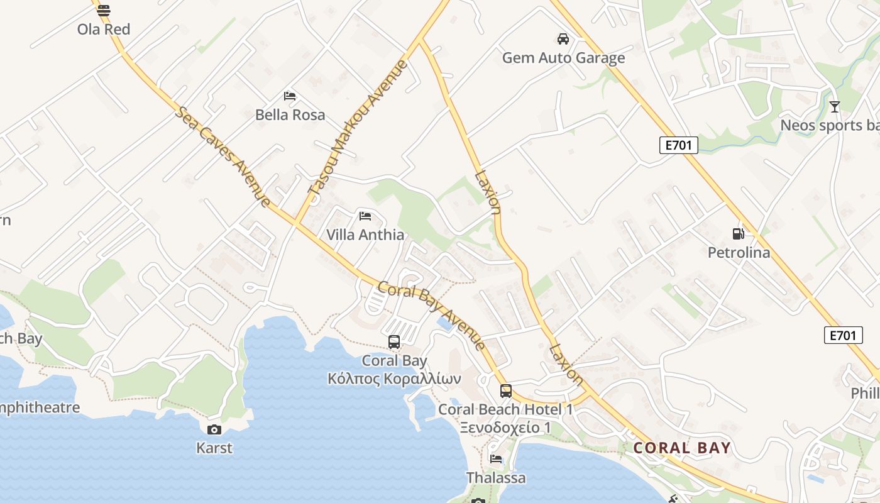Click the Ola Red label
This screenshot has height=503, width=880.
point(104,29)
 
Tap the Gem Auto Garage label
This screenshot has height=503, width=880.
point(563,58)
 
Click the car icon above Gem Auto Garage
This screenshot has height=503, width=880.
point(563,39)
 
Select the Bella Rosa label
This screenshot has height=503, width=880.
point(290,114)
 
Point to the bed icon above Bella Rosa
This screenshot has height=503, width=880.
point(290,96)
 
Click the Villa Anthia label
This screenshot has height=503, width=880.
point(365,235)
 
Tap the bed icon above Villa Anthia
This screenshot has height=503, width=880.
point(365,216)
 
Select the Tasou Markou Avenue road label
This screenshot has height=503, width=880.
point(358,126)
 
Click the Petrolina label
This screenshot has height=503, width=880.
point(739,253)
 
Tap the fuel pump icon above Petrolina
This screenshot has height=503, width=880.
point(739,234)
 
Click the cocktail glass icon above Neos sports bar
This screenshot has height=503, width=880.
point(834,107)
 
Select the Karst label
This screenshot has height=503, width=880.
point(214,448)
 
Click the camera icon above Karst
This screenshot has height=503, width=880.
point(214,429)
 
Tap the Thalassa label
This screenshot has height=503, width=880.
point(496,478)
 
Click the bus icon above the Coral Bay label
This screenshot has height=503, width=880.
point(394,342)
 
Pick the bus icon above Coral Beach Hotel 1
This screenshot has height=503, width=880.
point(506,391)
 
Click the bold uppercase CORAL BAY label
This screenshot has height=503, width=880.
point(682,448)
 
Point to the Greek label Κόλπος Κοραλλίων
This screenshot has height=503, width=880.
point(394,379)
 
